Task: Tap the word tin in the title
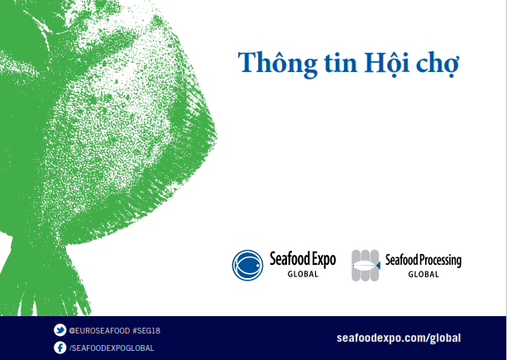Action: pos(341,62)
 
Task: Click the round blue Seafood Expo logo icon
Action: pos(247,265)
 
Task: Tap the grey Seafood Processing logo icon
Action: pos(366,265)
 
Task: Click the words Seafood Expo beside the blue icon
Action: pos(303,259)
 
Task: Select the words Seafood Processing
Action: pos(423,261)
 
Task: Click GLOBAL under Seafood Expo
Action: pos(303,274)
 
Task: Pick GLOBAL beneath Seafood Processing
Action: pos(423,274)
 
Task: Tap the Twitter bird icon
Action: pos(60,330)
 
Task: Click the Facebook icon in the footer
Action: pos(60,348)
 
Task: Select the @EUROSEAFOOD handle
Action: pos(99,331)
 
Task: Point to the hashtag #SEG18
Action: pos(146,331)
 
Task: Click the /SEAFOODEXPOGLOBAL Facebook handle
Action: pos(112,348)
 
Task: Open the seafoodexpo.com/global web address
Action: pos(399,338)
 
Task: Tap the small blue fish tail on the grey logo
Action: pos(378,266)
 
